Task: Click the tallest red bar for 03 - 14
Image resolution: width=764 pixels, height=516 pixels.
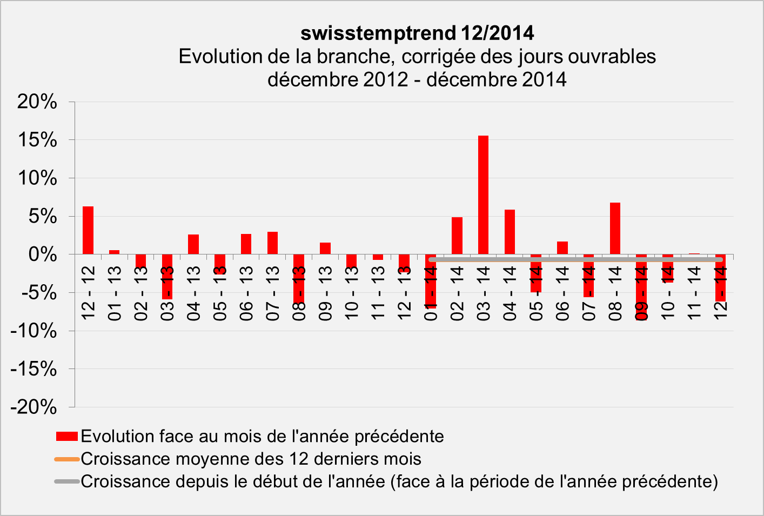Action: [x=483, y=195]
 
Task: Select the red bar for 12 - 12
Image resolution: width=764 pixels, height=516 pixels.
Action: [x=88, y=230]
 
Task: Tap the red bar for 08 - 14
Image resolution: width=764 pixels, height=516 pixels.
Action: [x=615, y=228]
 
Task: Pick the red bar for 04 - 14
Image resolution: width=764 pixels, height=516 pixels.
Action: [x=510, y=232]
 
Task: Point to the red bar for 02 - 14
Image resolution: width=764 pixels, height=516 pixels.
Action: [x=457, y=236]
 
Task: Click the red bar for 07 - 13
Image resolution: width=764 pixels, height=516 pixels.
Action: [x=272, y=243]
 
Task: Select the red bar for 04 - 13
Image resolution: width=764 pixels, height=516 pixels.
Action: [x=193, y=244]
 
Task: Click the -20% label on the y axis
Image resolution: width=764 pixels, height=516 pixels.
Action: [x=33, y=407]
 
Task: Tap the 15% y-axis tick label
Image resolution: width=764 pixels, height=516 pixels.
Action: [x=37, y=140]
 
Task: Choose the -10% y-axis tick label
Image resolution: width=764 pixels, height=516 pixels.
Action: [x=33, y=331]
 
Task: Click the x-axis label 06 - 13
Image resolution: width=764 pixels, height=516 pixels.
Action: [x=246, y=293]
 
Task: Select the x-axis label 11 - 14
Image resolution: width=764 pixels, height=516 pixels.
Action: [x=694, y=293]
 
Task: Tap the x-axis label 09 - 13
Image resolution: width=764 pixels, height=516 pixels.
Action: [x=325, y=293]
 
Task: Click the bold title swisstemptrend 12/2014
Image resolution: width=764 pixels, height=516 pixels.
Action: [x=417, y=33]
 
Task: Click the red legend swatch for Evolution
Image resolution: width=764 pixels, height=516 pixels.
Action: [x=67, y=437]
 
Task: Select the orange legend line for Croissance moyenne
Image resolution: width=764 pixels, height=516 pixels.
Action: [x=67, y=459]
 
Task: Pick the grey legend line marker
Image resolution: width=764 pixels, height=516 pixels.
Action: [x=67, y=481]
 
